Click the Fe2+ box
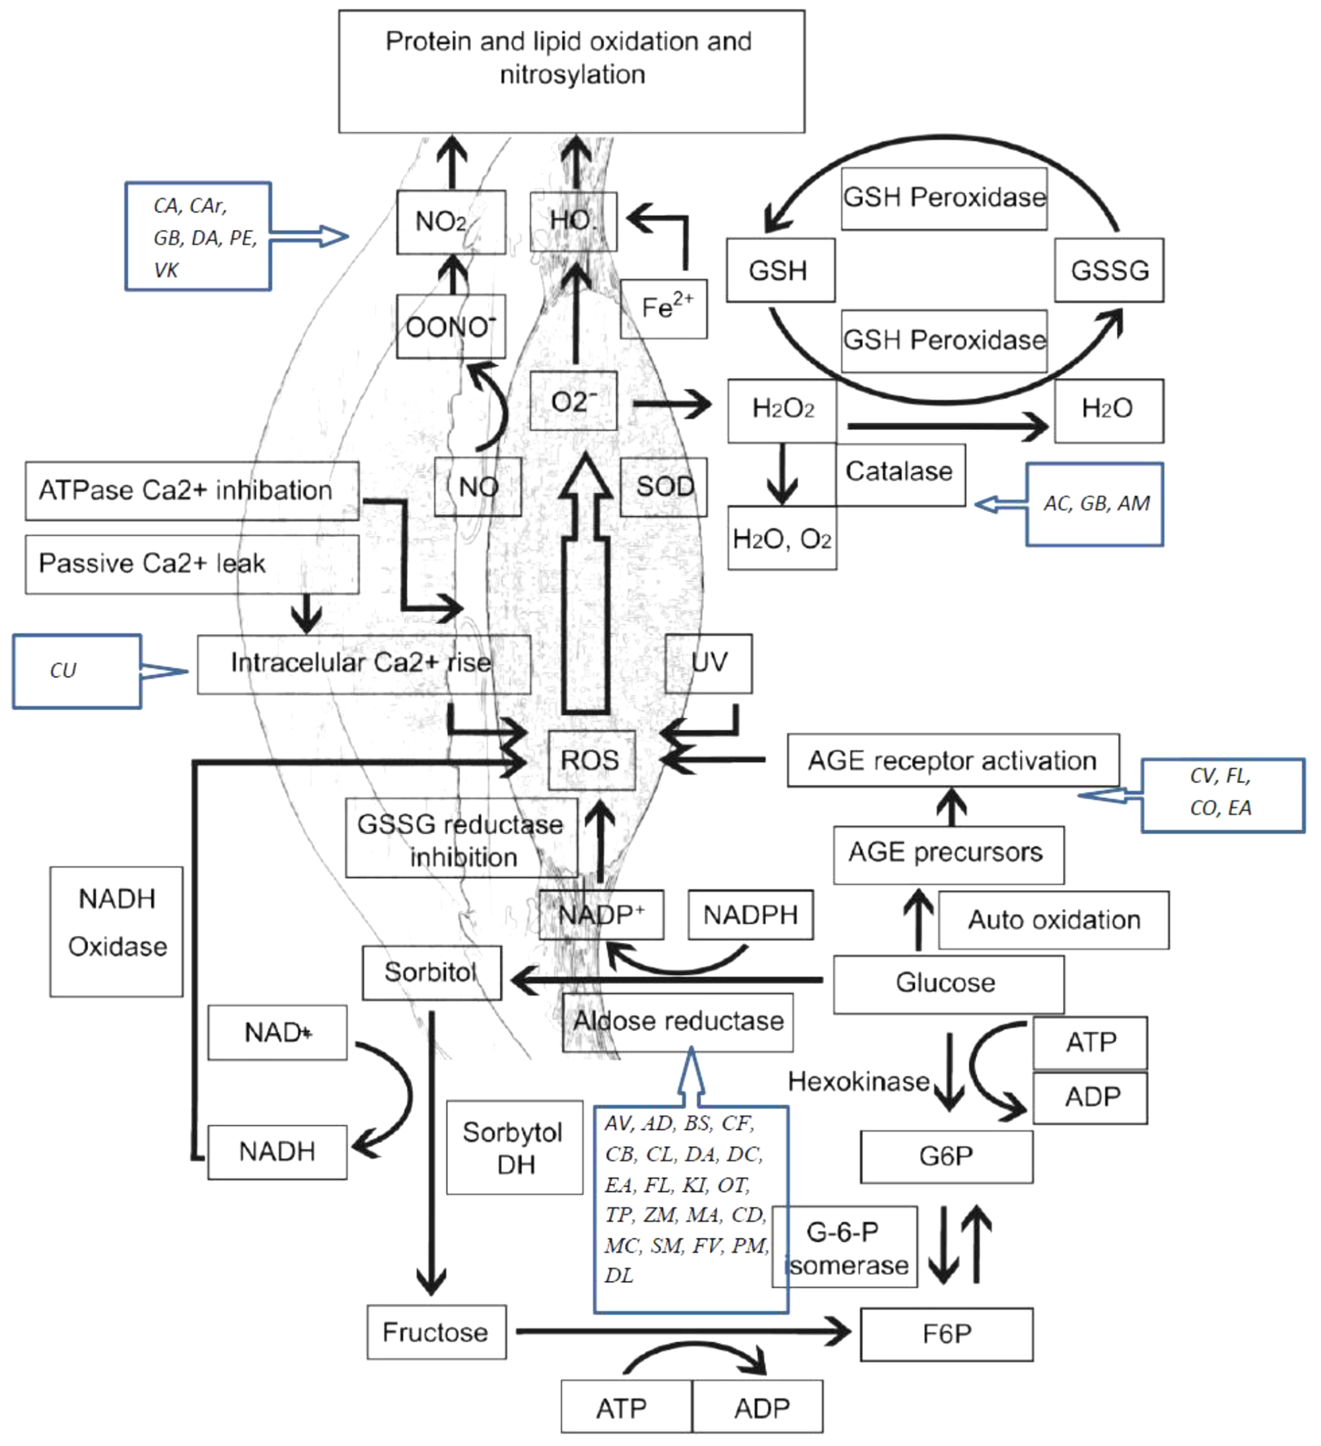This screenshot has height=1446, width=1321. coord(663,309)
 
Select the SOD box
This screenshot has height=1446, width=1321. coord(663,487)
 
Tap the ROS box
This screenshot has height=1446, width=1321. coord(591,760)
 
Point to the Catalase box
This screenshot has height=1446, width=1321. coord(899,473)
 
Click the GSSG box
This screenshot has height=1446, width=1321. coord(1109,271)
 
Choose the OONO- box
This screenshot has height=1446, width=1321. coord(451,327)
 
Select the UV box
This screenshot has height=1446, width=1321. coord(709,663)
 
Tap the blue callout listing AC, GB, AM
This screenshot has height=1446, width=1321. coord(1094,504)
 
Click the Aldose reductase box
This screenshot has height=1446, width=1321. coord(678,1022)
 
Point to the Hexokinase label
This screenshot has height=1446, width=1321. coord(858,1081)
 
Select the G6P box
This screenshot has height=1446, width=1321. coord(946,1157)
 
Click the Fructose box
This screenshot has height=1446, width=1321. coord(436,1332)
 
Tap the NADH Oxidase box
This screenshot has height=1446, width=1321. coord(116,931)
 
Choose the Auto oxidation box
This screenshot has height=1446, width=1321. coord(1053,920)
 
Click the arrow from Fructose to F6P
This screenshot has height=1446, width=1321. coord(681,1332)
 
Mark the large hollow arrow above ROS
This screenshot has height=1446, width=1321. coord(586,588)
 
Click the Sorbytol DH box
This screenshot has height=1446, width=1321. coord(514,1148)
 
